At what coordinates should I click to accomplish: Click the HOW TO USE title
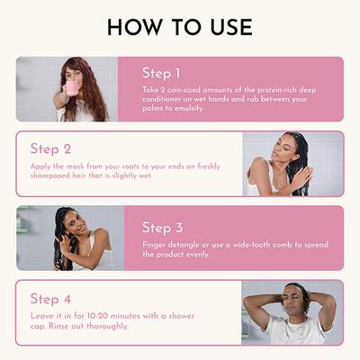click(180, 27)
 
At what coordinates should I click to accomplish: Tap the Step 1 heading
click(162, 73)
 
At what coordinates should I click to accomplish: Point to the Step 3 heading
click(163, 228)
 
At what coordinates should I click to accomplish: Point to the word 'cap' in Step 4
click(38, 327)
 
